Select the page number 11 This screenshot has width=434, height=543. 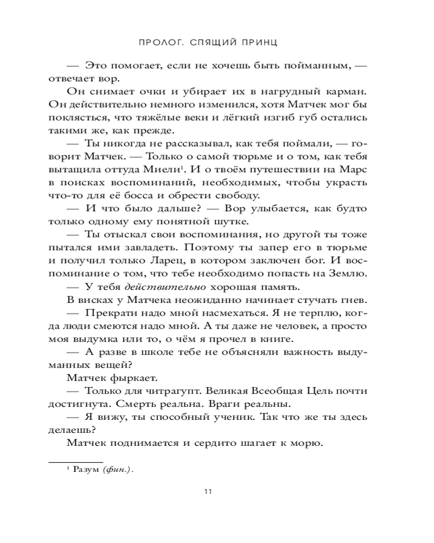pyautogui.click(x=208, y=493)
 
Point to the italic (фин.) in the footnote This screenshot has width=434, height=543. pyautogui.click(x=118, y=470)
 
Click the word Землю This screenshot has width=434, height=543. pyautogui.click(x=350, y=273)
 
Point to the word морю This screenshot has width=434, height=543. pyautogui.click(x=307, y=443)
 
